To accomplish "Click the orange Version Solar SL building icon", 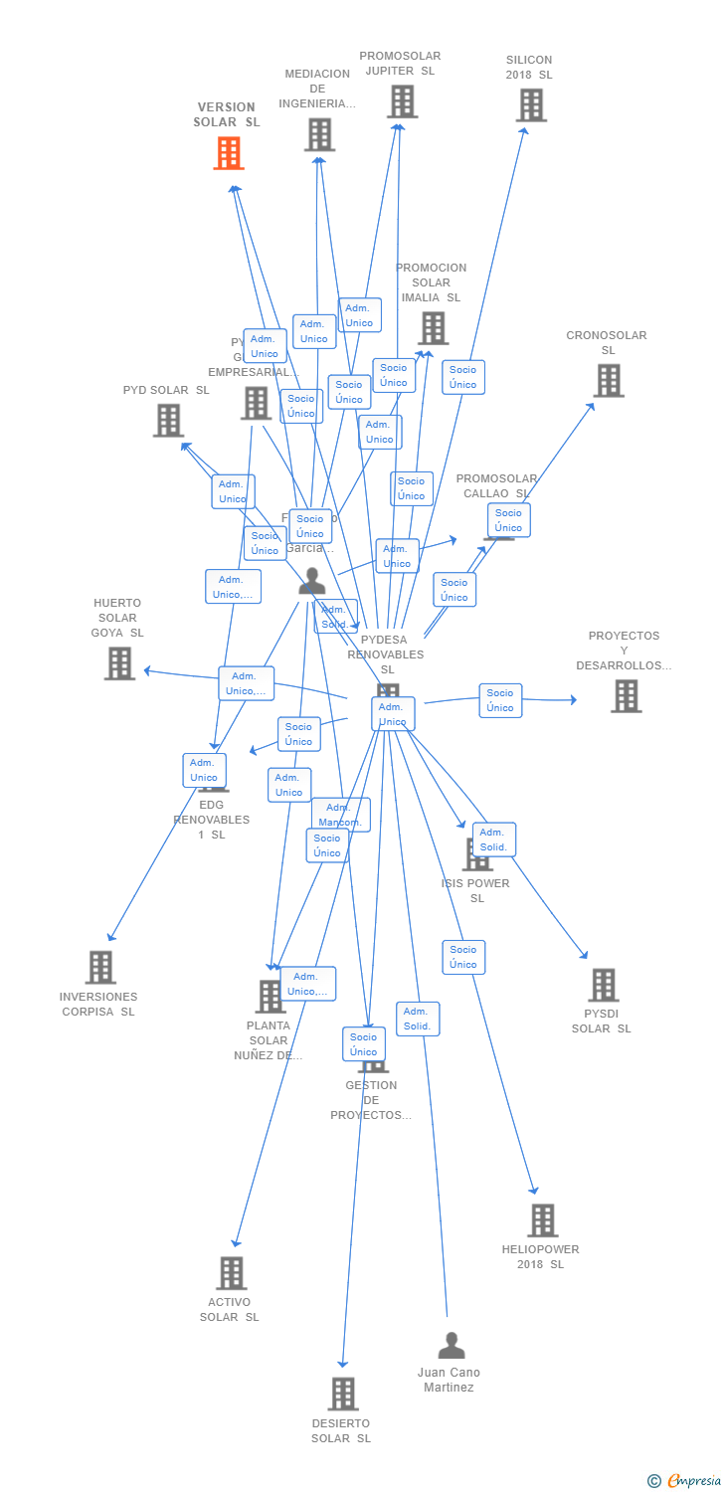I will (x=229, y=153).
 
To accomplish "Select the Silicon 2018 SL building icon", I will (x=531, y=104).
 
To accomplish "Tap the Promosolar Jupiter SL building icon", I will (x=402, y=100).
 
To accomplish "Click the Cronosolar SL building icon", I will (x=609, y=380).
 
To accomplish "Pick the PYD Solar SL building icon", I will (x=168, y=420).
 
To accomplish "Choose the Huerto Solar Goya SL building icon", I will (x=119, y=662).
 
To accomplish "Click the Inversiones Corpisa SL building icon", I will (x=100, y=967).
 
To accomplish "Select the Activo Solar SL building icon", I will (x=231, y=1272).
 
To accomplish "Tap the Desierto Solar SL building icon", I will (x=342, y=1394).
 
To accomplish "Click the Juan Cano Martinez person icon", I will (x=452, y=1346).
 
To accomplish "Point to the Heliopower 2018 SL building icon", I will (x=542, y=1219).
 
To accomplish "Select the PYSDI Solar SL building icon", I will (x=603, y=985).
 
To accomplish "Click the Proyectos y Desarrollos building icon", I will (x=626, y=696).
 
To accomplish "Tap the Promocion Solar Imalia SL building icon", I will (x=433, y=327).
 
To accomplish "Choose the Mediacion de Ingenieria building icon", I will (x=319, y=134).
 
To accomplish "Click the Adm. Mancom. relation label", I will (x=340, y=815).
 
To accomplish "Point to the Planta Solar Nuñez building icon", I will (x=270, y=996).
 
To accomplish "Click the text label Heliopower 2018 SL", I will (x=540, y=1256).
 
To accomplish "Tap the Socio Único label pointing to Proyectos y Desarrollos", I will (x=500, y=700).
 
